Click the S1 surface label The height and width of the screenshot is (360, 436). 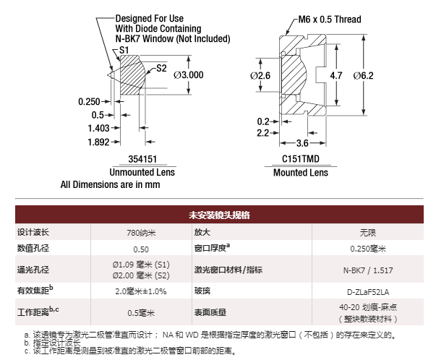click(x=124, y=50)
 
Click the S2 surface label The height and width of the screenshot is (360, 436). click(x=161, y=68)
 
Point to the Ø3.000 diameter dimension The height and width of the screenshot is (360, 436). click(x=189, y=75)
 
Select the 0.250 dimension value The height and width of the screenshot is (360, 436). click(x=89, y=102)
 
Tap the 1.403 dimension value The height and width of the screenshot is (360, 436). click(x=99, y=128)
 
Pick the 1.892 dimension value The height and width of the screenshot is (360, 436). click(x=99, y=142)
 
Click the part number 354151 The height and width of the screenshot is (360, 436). click(x=142, y=159)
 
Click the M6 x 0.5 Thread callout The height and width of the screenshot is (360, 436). click(x=330, y=20)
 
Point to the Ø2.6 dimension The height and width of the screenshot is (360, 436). click(x=260, y=76)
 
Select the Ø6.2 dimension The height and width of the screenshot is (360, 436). click(x=363, y=76)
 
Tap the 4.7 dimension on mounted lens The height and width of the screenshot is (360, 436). click(x=336, y=76)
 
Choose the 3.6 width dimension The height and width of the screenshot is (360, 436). click(x=302, y=143)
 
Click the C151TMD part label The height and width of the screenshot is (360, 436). click(x=301, y=159)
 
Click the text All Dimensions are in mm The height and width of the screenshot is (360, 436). click(x=110, y=184)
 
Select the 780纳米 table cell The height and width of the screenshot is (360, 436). click(x=141, y=232)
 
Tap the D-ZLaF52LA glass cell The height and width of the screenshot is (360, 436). click(x=368, y=292)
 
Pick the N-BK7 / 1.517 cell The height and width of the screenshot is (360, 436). click(x=368, y=270)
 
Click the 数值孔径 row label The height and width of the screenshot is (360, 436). click(x=33, y=248)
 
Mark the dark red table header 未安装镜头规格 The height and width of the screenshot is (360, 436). click(x=219, y=215)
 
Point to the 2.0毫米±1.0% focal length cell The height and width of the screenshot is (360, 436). click(x=141, y=291)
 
